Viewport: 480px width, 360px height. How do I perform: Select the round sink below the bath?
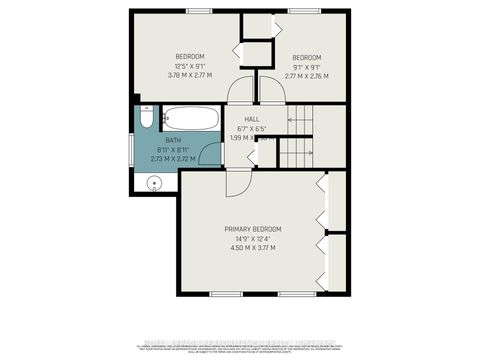tap(154, 182)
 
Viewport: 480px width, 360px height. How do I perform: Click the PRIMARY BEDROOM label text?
tap(252, 229)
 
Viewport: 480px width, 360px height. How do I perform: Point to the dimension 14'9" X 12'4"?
tap(252, 238)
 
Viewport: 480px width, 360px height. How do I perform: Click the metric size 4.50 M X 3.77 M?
tap(252, 247)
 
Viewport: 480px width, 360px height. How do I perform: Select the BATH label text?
tap(172, 141)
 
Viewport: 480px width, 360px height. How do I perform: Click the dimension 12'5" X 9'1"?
tap(190, 64)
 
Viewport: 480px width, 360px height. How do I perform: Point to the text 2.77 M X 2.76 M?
tap(306, 74)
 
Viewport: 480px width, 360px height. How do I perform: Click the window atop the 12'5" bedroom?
tap(200, 11)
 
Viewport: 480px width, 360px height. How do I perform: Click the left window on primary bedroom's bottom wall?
tap(226, 293)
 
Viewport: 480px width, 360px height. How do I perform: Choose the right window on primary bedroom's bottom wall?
tap(295, 293)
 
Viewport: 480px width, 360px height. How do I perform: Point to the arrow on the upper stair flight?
tap(299, 118)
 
